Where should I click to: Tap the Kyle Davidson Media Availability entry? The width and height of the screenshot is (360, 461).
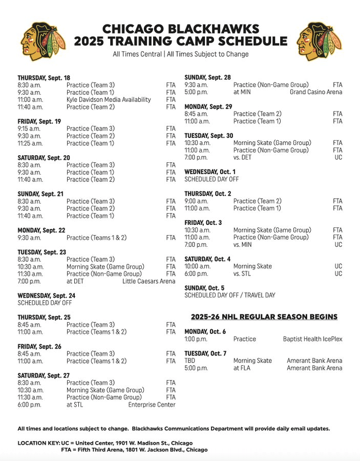[x=109, y=99]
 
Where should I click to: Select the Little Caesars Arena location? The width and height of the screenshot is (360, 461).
[x=149, y=281]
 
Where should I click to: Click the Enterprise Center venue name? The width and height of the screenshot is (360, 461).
[x=152, y=405]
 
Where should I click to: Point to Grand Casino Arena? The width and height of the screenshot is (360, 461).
[x=316, y=92]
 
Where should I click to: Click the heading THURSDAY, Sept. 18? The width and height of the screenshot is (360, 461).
[x=44, y=78]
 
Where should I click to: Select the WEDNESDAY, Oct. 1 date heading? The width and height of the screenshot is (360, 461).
[x=210, y=172]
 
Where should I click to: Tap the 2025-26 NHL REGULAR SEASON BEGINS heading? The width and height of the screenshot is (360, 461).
[x=264, y=317]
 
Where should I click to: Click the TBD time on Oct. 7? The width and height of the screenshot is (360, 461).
[x=190, y=361]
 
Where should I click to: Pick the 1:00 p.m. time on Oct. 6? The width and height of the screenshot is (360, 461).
[x=196, y=339]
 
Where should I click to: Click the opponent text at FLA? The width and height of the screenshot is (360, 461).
[x=243, y=368]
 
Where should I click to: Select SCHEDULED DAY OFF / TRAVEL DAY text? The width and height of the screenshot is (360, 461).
[x=229, y=295]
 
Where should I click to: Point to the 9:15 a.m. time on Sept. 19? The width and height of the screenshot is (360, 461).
[x=29, y=129]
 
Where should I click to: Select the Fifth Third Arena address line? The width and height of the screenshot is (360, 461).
[x=134, y=449]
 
